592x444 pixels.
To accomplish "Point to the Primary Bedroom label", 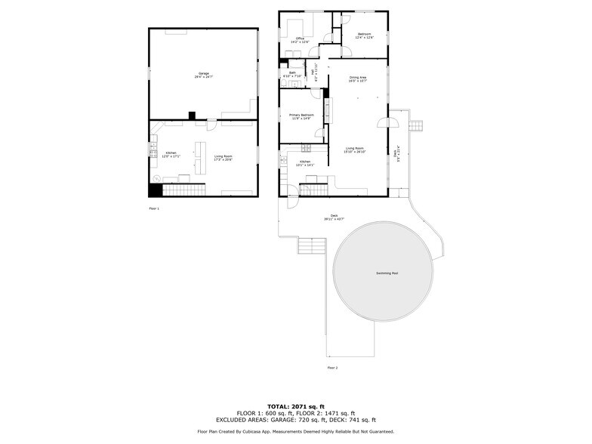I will (x=301, y=116).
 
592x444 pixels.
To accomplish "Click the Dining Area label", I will (x=358, y=79).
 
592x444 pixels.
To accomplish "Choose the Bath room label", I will (x=291, y=75).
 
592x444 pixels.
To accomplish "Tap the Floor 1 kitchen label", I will (x=171, y=156).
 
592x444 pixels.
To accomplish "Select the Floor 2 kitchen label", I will (x=304, y=163).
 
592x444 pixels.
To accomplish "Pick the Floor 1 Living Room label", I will (x=223, y=157).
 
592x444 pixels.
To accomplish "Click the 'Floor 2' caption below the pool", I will (x=332, y=367).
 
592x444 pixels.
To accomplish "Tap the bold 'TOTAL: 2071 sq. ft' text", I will (x=296, y=406).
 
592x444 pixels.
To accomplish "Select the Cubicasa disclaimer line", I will (x=296, y=431).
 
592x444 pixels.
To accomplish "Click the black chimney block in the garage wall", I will (x=192, y=116).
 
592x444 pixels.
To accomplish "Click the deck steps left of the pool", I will (x=310, y=246).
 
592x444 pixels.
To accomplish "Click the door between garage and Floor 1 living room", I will (x=212, y=123).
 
